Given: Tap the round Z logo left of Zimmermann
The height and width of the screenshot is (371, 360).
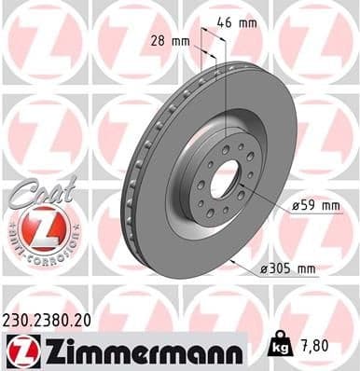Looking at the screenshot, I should (20, 349).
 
